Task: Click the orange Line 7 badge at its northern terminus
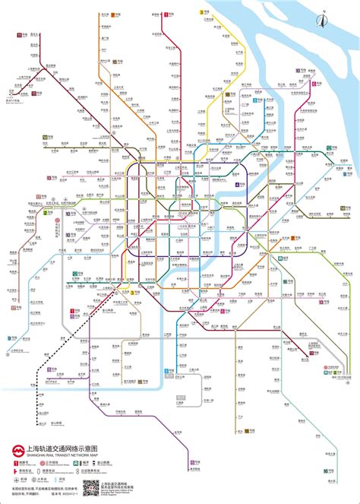pyautogui.click(x=113, y=14)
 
